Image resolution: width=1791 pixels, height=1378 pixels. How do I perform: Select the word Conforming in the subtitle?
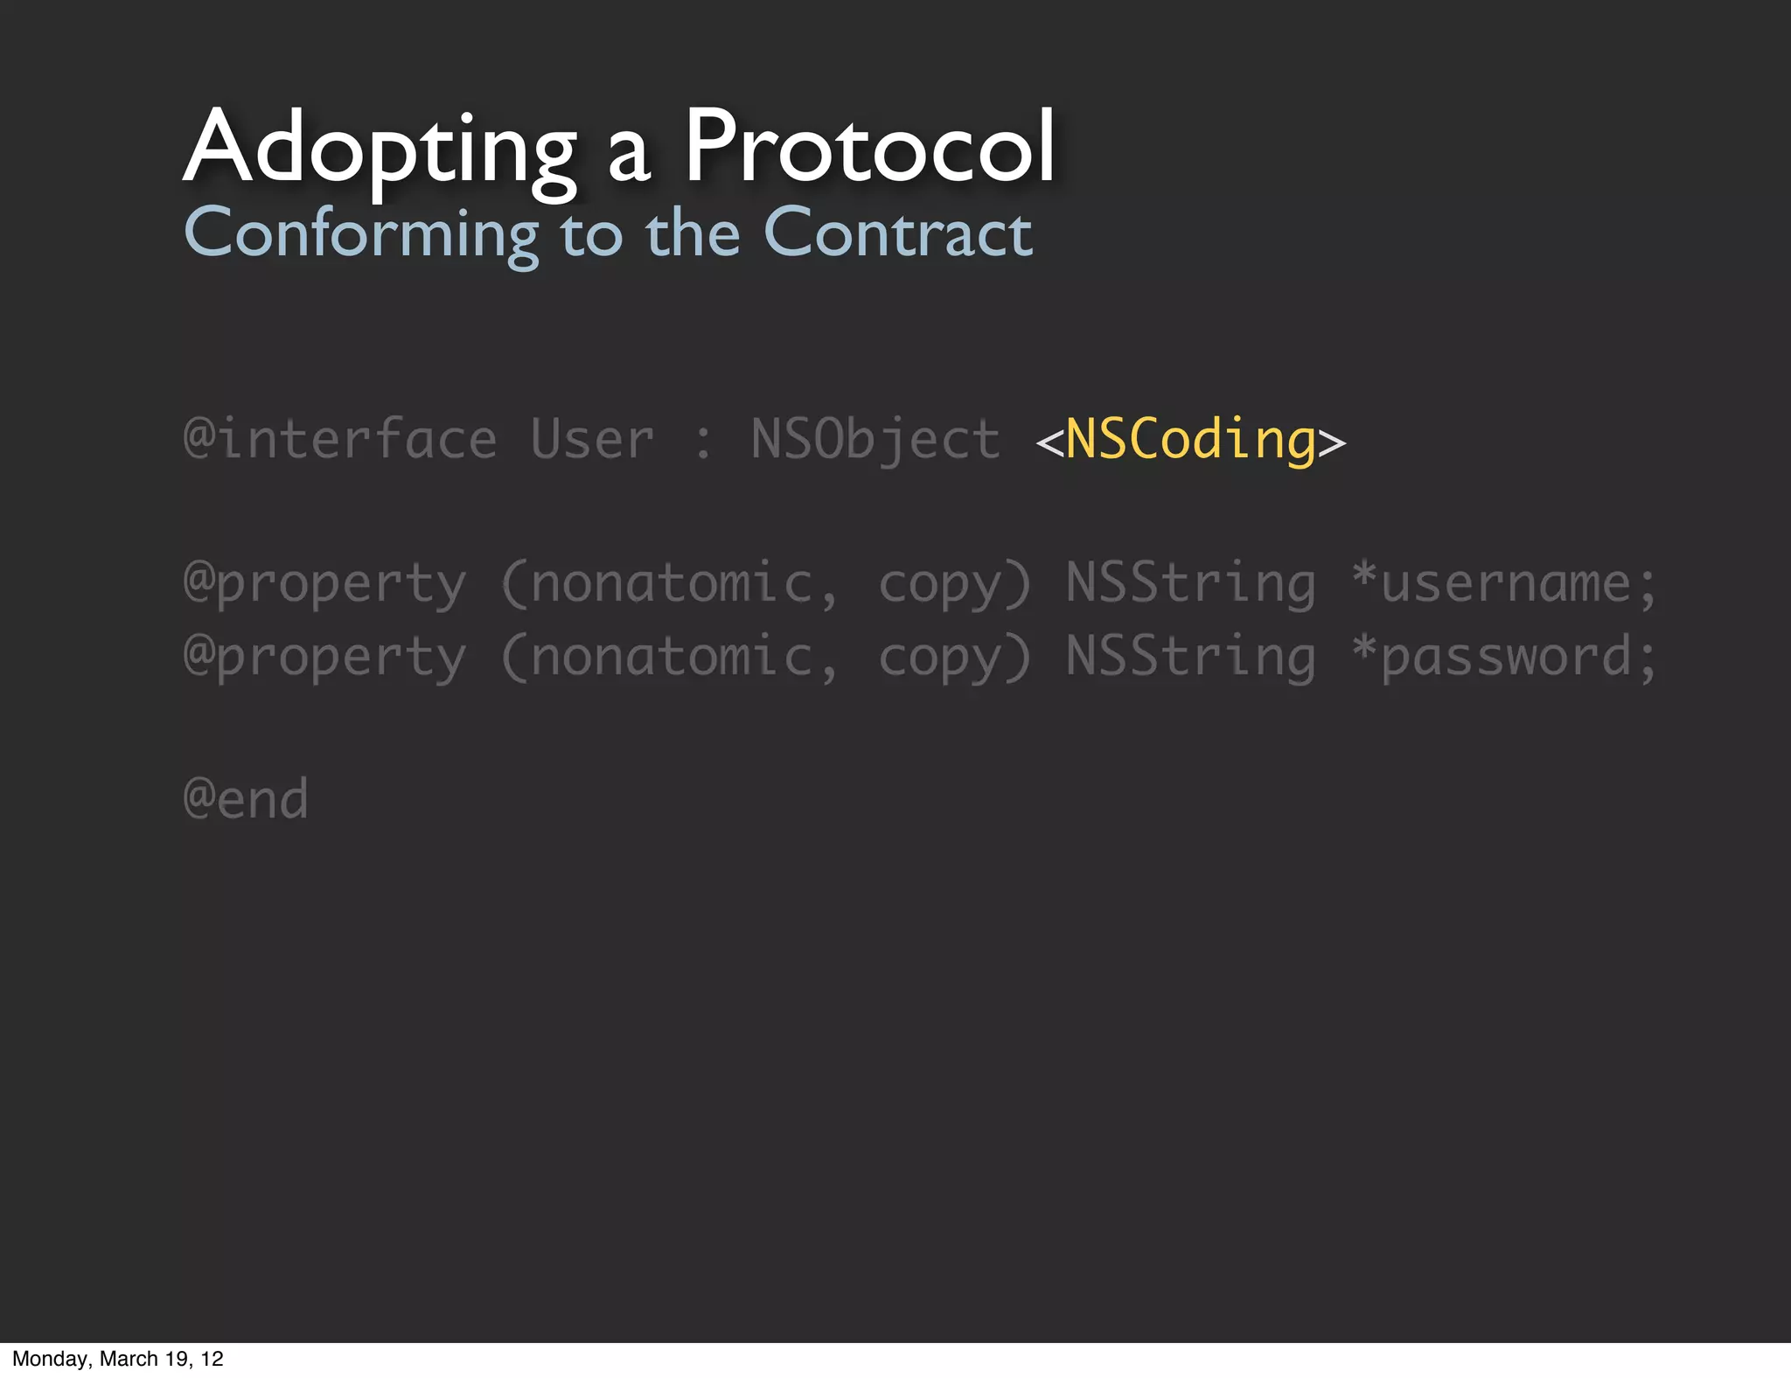click(x=361, y=234)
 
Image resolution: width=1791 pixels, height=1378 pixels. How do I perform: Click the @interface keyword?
click(x=340, y=439)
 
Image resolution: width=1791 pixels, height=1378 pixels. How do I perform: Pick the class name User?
click(x=592, y=439)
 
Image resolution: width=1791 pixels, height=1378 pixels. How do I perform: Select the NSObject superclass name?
click(x=875, y=439)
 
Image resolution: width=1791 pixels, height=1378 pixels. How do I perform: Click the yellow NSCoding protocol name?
click(x=1191, y=439)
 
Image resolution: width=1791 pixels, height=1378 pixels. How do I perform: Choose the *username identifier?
click(x=1503, y=582)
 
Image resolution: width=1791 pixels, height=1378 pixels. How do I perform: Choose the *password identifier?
click(x=1503, y=656)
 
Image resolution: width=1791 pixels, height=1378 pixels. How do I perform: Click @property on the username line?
click(x=324, y=584)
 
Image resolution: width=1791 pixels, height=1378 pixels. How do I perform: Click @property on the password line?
click(x=324, y=658)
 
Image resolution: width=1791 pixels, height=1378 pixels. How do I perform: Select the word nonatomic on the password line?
click(x=671, y=656)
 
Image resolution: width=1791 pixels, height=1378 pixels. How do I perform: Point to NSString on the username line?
click(x=1191, y=582)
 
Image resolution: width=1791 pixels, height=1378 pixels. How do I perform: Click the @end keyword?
click(x=246, y=798)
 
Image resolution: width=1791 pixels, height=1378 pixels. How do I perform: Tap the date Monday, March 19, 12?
click(x=118, y=1359)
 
